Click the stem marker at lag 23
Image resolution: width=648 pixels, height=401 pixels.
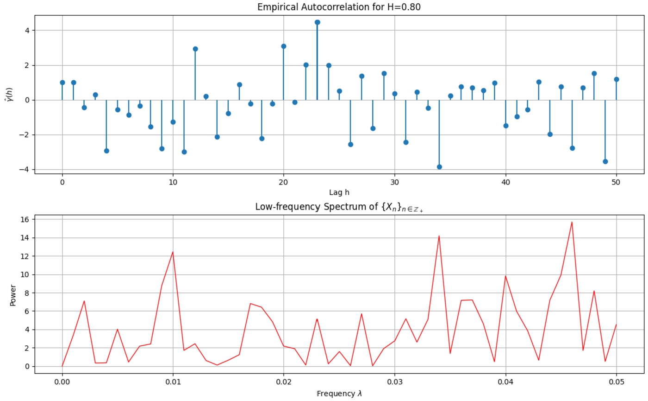317,22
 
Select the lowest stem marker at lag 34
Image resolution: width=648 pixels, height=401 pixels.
439,167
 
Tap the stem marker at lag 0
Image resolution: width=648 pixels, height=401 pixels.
62,83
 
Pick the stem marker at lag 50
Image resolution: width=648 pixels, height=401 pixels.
617,79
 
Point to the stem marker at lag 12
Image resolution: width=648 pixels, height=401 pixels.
195,49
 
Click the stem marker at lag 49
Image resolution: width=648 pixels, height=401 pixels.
605,161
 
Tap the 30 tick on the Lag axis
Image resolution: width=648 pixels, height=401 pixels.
394,182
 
